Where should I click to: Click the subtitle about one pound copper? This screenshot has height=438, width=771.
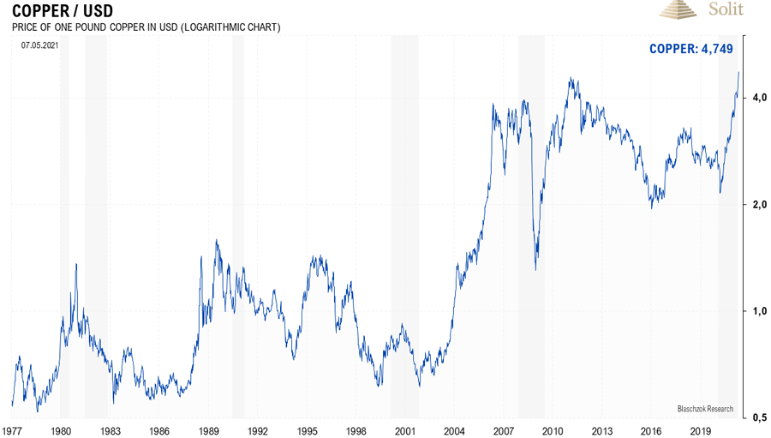point(146,27)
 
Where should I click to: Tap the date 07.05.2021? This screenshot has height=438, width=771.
point(40,45)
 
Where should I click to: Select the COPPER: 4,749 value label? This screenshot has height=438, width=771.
point(690,49)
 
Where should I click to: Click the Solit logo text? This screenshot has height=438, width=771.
point(726,9)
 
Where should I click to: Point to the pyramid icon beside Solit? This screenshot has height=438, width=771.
point(680,9)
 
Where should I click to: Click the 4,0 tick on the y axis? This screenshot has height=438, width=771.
point(758,99)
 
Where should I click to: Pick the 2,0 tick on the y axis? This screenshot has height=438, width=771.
point(758,205)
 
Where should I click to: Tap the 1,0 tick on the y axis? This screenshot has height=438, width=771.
point(758,311)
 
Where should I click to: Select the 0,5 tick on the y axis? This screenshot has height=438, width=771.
point(758,417)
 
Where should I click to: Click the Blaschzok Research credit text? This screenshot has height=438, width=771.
point(705,408)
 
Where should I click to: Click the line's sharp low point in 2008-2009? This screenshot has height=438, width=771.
point(536,270)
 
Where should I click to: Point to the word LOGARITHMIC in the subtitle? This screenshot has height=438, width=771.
point(211,27)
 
